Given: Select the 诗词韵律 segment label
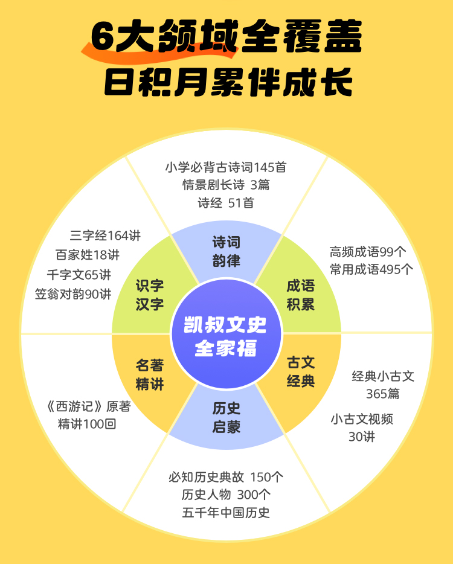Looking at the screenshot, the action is (x=226, y=251).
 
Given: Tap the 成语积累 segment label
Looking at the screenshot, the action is (x=300, y=294).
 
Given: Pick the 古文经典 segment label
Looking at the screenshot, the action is (x=300, y=371).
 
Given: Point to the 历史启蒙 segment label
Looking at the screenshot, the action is (x=226, y=418).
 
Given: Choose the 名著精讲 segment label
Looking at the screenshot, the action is (x=150, y=374).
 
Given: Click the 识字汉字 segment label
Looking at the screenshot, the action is (x=150, y=294).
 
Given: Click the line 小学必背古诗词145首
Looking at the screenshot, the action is (x=226, y=167).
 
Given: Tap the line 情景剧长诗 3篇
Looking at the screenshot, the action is (x=226, y=185).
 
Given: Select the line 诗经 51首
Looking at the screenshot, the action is (x=226, y=203).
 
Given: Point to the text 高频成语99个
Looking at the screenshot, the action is (x=368, y=252).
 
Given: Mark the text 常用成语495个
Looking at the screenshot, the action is (x=371, y=269).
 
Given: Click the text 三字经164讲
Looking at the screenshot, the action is (x=105, y=236).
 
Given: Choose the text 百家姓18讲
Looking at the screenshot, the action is (x=88, y=255).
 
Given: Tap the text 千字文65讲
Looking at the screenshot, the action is (x=79, y=275).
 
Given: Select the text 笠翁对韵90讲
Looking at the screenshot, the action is (x=73, y=294).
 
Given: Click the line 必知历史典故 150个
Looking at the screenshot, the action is (x=226, y=477).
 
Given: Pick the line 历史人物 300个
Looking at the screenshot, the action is (x=226, y=495).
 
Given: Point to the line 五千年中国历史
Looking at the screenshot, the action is (x=226, y=513).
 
